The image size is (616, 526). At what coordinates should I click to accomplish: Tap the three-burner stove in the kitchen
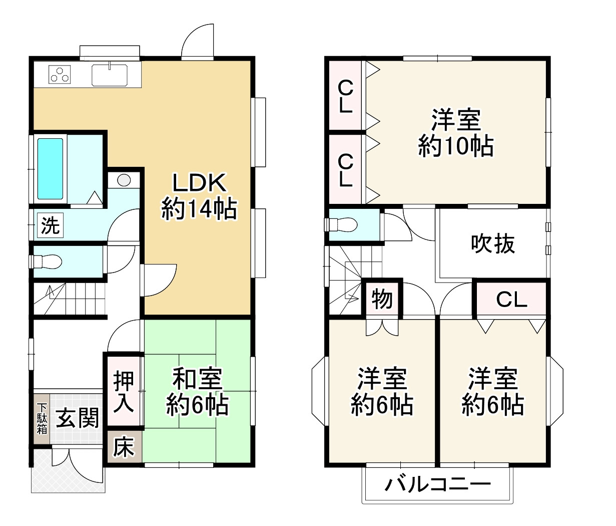point(60,75)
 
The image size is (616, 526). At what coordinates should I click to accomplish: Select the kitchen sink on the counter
point(109,75)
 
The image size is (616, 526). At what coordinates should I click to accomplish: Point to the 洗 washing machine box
point(50,226)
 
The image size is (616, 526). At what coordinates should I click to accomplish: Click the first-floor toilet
point(48,261)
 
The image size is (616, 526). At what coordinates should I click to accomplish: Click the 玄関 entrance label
point(77,418)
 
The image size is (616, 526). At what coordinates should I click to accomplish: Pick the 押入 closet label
point(124,391)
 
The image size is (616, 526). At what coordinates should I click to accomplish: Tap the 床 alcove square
point(124,447)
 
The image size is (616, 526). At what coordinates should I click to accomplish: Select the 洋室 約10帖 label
point(455,132)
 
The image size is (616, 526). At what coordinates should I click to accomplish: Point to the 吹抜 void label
point(492,244)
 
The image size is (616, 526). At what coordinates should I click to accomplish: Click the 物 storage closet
point(382,299)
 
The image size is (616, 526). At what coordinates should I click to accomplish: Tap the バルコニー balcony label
point(438,484)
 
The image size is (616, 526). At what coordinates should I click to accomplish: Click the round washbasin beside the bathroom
point(124,180)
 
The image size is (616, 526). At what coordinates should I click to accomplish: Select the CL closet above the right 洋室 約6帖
point(511,299)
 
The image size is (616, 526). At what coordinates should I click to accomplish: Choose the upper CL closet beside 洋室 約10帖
point(345,96)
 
